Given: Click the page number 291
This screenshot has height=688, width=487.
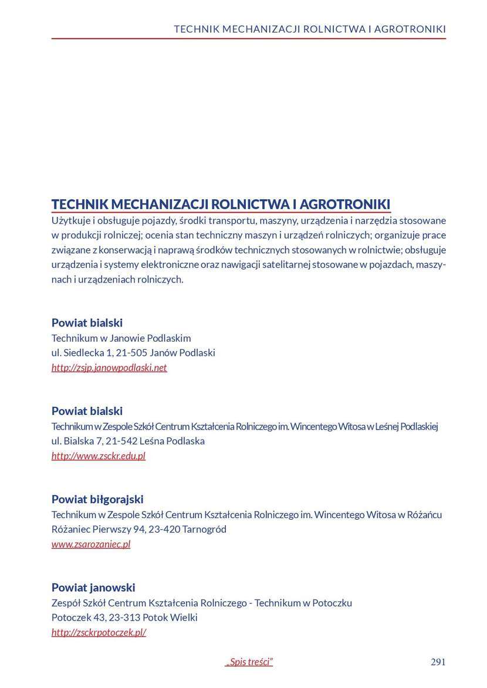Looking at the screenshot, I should point(438,662).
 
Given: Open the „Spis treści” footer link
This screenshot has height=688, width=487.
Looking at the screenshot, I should point(249,662).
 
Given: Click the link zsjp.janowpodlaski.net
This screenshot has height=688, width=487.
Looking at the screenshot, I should point(109,367).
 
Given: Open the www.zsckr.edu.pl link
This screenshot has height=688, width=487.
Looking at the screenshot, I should point(98,455).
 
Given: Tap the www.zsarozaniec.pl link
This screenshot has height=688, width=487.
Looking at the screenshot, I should point(91,544).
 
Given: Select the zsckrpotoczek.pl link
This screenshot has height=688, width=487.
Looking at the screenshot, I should point(99,632).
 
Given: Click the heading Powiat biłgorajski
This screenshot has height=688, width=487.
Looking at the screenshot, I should point(97,499).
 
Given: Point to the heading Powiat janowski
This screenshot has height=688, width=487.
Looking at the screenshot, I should point(93,587).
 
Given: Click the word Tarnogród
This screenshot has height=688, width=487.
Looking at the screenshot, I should point(204,529).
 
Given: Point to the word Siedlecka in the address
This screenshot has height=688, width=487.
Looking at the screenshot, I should point(82,353).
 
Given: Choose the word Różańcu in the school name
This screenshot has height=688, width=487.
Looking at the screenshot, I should point(425,515).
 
